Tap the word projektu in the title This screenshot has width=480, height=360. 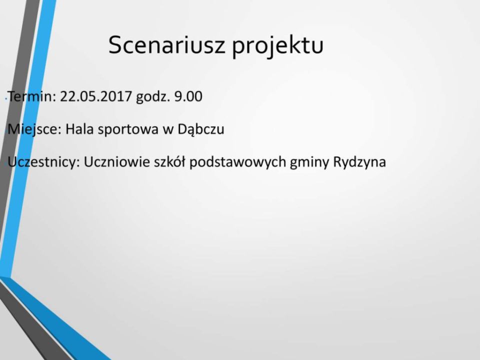pyautogui.click(x=277, y=46)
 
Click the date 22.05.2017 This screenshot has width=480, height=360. pyautogui.click(x=96, y=96)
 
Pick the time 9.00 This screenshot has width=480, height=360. pyautogui.click(x=188, y=96)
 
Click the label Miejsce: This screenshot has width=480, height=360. pyautogui.click(x=34, y=129)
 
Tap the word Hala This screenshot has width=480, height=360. pyautogui.click(x=79, y=129)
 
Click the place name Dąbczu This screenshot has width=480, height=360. pyautogui.click(x=201, y=130)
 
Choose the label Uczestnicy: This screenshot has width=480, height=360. pyautogui.click(x=43, y=162)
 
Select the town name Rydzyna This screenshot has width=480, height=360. pyautogui.click(x=359, y=162)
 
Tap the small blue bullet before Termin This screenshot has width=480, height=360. pyautogui.click(x=6, y=99)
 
